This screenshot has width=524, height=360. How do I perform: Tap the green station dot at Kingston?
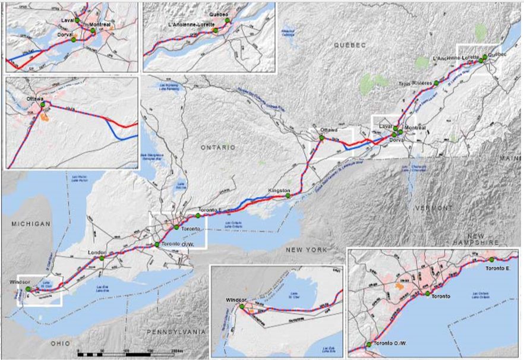point(288,195)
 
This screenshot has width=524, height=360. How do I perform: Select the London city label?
point(96,252)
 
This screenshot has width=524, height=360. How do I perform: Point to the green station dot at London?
point(102,258)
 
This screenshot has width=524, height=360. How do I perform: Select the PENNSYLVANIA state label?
point(178,331)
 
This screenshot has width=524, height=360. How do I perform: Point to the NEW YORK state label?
point(306,250)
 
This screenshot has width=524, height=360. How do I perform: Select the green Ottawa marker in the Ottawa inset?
point(42,106)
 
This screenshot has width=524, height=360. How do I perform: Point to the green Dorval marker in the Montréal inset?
point(74,40)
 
